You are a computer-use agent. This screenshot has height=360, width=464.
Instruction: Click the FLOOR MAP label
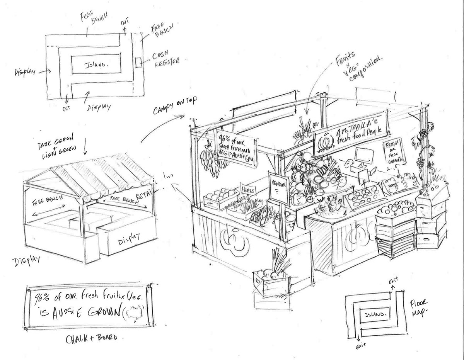[x=417, y=308]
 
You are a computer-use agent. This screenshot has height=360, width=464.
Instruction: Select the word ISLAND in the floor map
[x=375, y=314]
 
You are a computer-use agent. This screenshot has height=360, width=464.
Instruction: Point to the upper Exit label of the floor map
[x=393, y=280]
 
